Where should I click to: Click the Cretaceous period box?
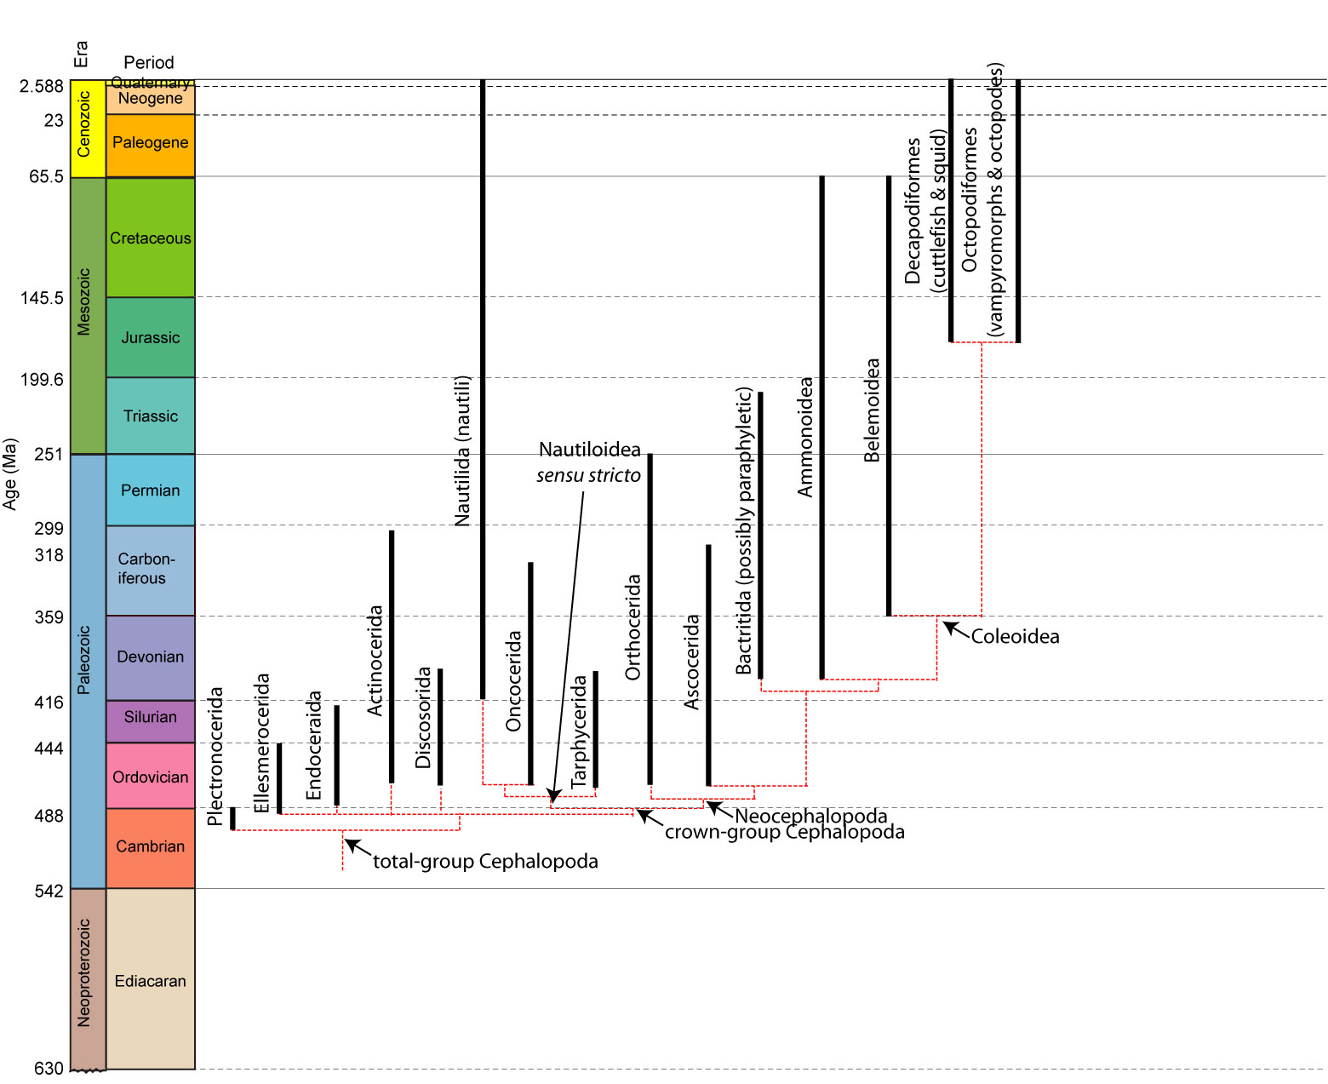[x=151, y=238]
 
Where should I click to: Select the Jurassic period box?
[x=151, y=337]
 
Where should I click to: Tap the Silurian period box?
[x=151, y=717]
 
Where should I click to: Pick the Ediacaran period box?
[x=151, y=981]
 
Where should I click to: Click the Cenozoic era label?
[x=83, y=124]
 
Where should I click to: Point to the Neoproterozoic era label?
[x=83, y=972]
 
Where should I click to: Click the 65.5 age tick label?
[x=46, y=176]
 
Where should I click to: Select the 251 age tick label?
[x=49, y=454]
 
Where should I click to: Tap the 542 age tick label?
[x=49, y=891]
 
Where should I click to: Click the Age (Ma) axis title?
[x=10, y=473]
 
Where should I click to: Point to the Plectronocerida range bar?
[x=232, y=817]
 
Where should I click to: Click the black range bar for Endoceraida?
[x=337, y=754]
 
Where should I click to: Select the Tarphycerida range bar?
[x=595, y=729]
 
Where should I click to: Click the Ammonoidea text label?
[x=805, y=437]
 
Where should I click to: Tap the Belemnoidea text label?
[x=872, y=410]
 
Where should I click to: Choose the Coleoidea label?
[x=1015, y=637]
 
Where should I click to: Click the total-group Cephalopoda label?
[x=485, y=862]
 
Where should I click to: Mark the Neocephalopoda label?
[x=810, y=816]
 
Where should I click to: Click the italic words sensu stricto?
[x=588, y=476]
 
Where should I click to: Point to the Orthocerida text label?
[x=633, y=627]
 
